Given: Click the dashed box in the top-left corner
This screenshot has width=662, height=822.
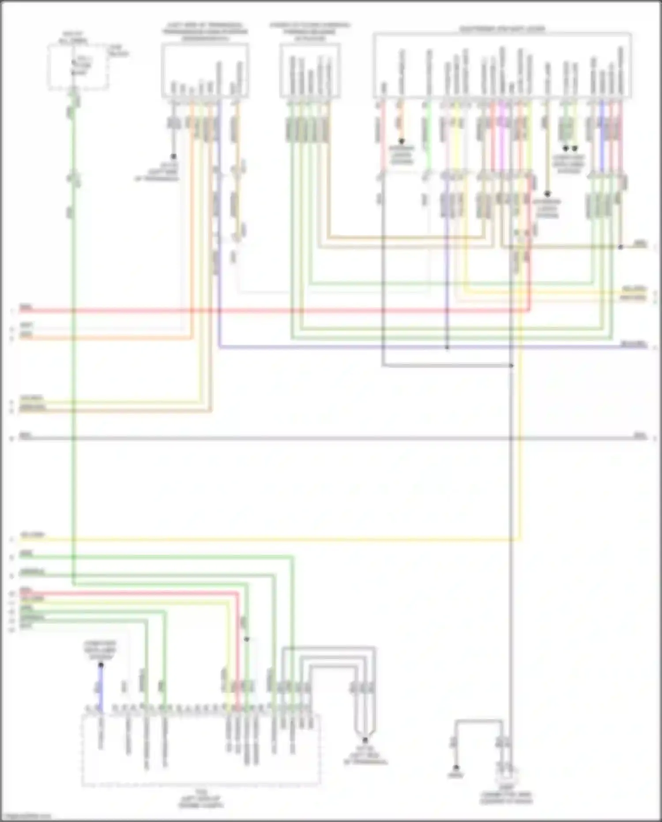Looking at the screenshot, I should [78, 67].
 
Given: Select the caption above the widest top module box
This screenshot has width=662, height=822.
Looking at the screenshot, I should [502, 29].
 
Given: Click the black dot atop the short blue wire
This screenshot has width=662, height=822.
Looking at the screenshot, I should [101, 664].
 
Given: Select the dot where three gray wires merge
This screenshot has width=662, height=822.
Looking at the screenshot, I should [365, 739].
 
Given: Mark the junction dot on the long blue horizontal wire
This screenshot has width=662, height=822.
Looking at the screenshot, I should [447, 348].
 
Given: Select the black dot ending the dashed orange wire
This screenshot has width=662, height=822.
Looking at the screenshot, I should [402, 142].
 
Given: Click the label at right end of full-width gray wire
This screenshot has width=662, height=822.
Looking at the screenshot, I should [639, 436].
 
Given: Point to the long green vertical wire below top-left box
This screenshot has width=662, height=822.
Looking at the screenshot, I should [74, 353].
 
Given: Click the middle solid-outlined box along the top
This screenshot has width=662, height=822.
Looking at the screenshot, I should [310, 71].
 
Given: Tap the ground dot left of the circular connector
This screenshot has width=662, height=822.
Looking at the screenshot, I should [456, 768].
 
